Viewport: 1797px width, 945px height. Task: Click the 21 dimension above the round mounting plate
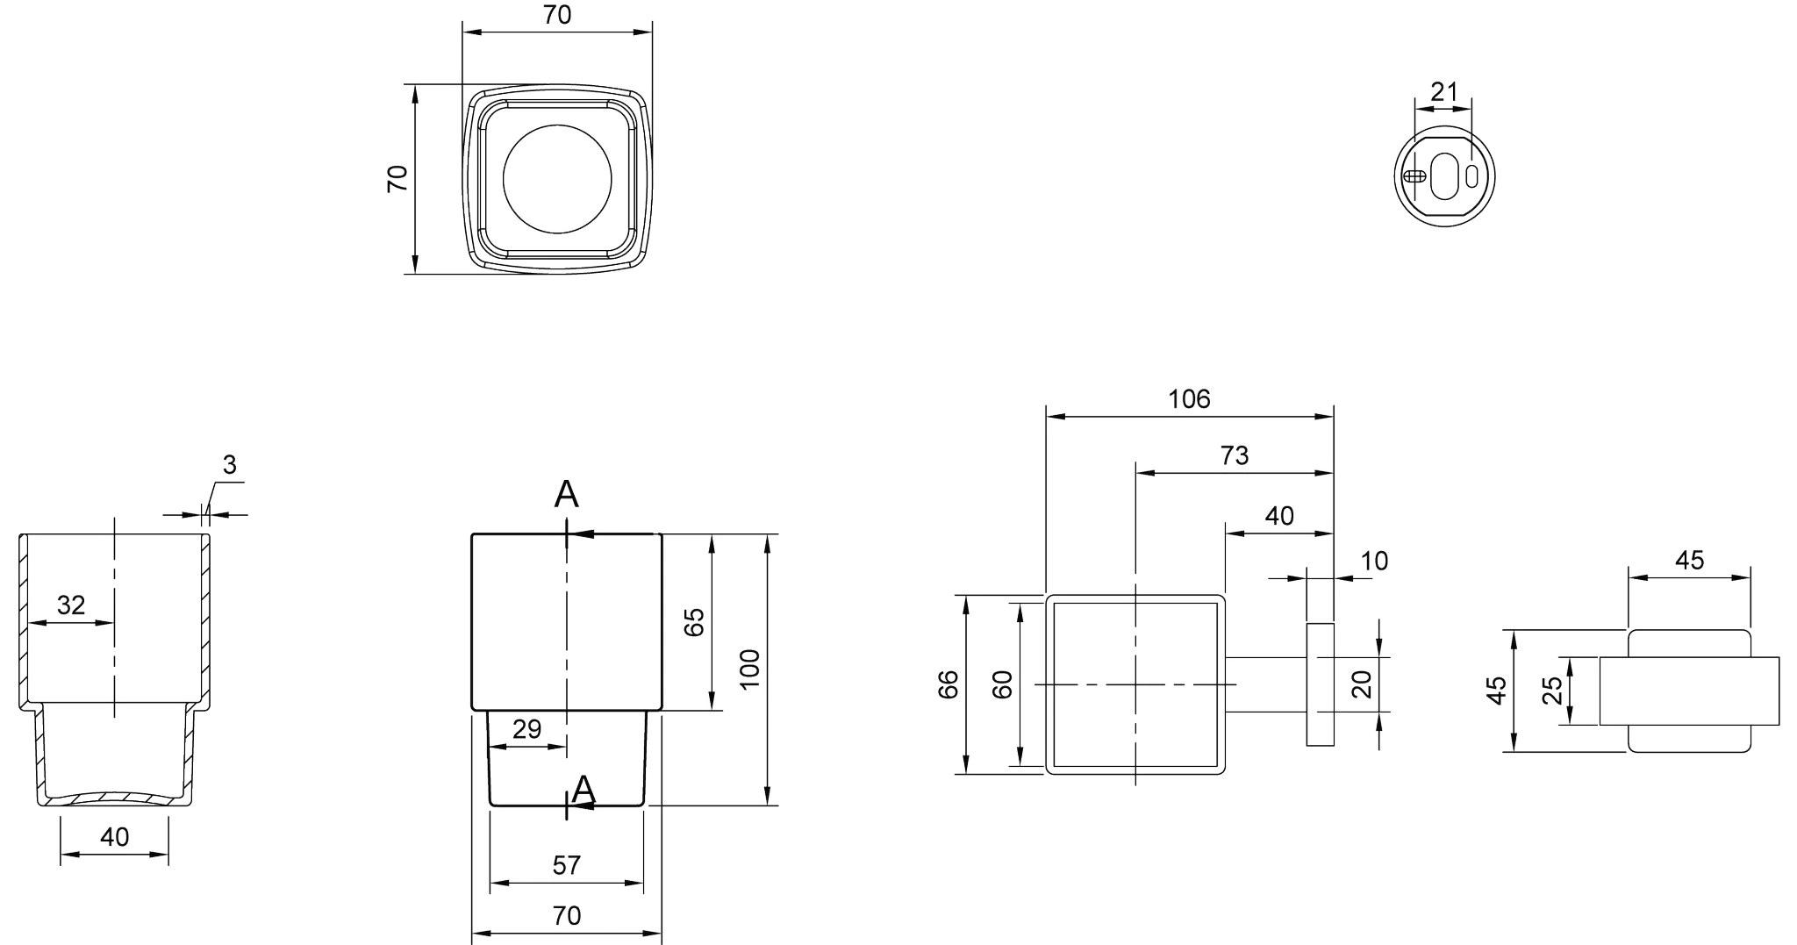point(1443,91)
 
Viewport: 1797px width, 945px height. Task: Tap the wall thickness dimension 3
point(229,465)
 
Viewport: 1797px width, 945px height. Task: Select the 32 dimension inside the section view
point(71,605)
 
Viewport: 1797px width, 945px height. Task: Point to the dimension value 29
point(527,728)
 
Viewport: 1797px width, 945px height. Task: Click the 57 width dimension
point(567,865)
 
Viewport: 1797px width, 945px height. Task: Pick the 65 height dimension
point(693,622)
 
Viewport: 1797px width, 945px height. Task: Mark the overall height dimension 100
point(749,669)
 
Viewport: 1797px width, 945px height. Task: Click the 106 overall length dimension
point(1189,399)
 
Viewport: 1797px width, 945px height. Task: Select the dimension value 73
point(1234,455)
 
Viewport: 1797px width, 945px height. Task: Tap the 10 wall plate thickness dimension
point(1374,561)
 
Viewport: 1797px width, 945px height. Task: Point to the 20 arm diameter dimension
point(1362,684)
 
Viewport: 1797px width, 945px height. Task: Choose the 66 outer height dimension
point(948,684)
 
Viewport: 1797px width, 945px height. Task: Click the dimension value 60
point(1002,684)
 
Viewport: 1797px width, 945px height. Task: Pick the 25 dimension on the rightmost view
point(1551,691)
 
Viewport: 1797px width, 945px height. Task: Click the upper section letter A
point(567,496)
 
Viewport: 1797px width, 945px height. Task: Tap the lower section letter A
point(583,791)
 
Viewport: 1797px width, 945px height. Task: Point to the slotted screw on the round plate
point(1413,176)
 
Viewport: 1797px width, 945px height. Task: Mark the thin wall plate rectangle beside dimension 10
point(1321,684)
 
